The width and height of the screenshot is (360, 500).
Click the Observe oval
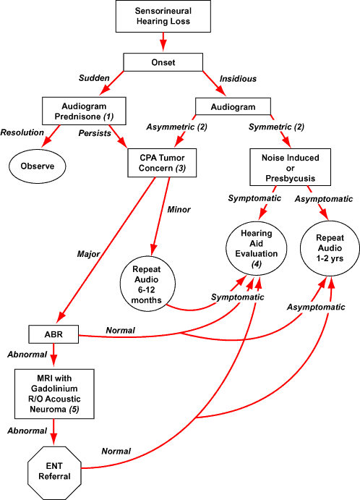tap(38, 166)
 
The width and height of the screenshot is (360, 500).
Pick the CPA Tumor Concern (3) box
tap(163, 161)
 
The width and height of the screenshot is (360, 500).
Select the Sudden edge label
tap(94, 78)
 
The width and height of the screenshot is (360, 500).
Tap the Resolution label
tap(22, 133)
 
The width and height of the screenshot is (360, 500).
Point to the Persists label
tap(95, 133)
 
